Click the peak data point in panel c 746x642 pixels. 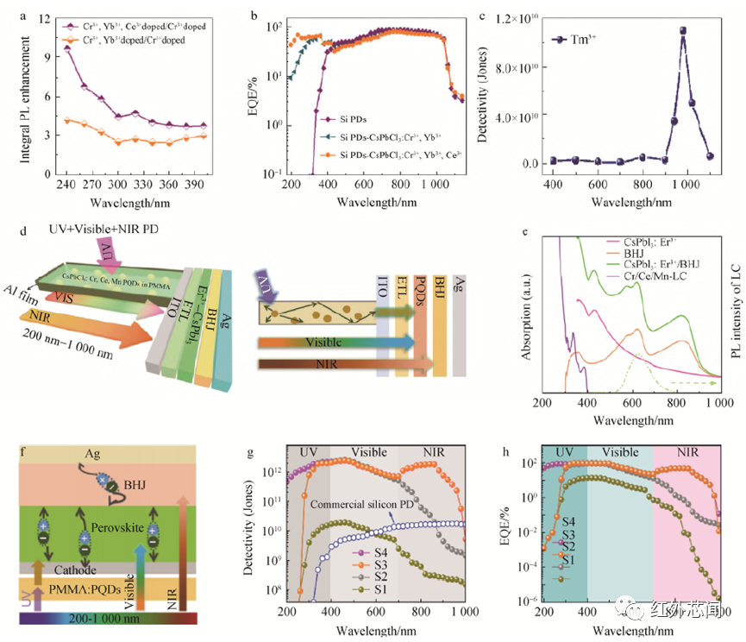pyautogui.click(x=683, y=30)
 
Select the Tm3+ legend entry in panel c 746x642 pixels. pyautogui.click(x=584, y=39)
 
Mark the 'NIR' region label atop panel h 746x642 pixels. pyautogui.click(x=686, y=453)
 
